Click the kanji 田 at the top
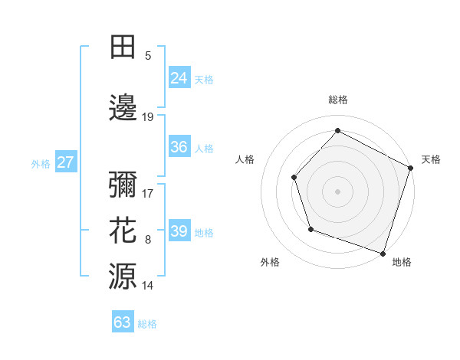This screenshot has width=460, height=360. pos(123,47)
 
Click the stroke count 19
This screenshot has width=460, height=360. pos(148,116)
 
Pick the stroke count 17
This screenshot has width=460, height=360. pos(148,195)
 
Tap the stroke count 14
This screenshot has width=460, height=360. pos(148,286)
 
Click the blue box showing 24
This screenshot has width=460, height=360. pos(179,77)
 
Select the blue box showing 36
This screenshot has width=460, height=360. pos(179,147)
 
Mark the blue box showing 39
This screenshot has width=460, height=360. pos(179,231)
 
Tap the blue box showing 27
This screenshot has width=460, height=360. pos(65,162)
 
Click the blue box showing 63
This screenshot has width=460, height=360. pos(123,322)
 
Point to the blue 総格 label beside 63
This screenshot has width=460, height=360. pos(147,324)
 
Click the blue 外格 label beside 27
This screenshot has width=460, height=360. pos(41,163)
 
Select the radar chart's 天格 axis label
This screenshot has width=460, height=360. pos(431,159)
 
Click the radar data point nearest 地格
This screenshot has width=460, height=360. pos(383,253)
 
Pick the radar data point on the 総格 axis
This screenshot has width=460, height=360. pos(337,130)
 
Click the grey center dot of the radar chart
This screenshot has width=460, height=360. pos(337,191)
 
